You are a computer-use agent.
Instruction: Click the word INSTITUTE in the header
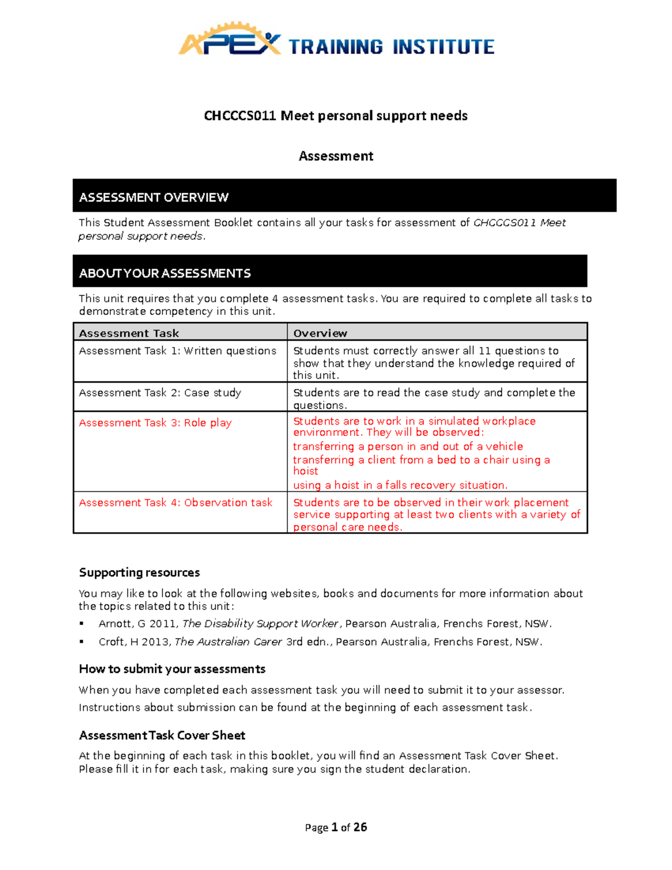(443, 47)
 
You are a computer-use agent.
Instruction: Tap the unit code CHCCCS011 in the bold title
(240, 116)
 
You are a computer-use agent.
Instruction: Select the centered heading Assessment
(335, 156)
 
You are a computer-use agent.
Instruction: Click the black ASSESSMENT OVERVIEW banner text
(153, 198)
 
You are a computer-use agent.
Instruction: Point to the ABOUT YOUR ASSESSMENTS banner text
(165, 273)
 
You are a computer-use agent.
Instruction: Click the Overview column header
(320, 333)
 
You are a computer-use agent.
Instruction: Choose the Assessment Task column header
(129, 333)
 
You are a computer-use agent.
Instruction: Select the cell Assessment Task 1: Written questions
(178, 351)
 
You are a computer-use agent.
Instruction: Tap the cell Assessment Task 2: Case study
(160, 393)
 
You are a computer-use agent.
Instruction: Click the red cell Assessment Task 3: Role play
(155, 423)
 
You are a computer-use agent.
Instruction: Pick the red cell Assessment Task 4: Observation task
(175, 503)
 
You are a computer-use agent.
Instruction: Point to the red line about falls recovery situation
(400, 486)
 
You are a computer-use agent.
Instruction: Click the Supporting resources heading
(139, 573)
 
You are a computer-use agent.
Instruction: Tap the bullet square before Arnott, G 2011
(82, 624)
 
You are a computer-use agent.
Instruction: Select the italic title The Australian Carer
(228, 642)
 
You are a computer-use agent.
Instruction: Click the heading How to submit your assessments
(172, 669)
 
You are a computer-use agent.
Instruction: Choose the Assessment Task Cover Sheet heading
(162, 736)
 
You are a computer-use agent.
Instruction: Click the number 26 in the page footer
(360, 827)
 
